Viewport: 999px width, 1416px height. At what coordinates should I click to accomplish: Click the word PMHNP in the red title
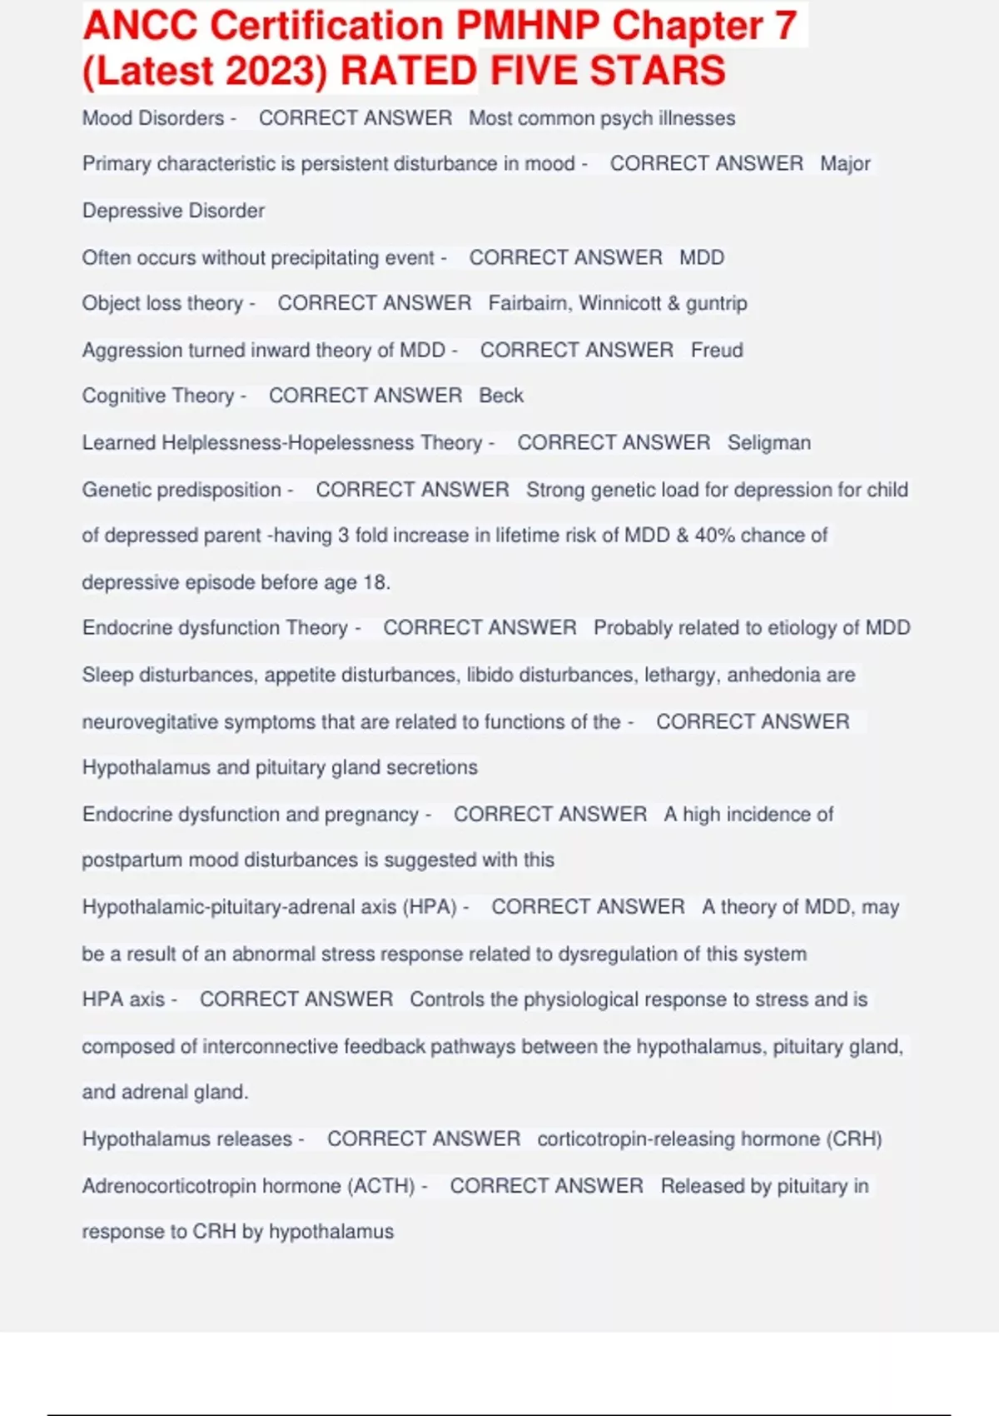click(x=528, y=27)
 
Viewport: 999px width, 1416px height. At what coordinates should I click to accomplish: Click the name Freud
click(x=717, y=350)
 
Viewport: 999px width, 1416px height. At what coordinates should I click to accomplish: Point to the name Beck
click(x=501, y=396)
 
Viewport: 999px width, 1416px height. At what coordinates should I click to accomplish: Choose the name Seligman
click(x=768, y=442)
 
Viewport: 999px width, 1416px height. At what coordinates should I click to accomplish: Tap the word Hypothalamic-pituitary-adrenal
click(x=239, y=906)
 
